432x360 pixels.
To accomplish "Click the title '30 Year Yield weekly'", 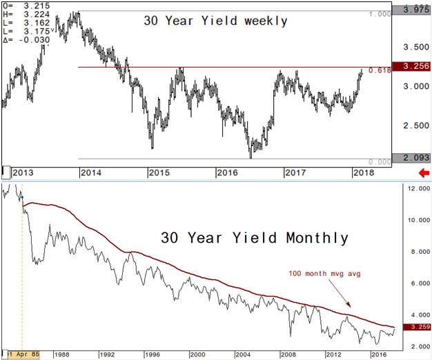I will pyautogui.click(x=215, y=21).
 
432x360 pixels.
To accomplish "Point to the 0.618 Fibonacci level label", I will pyautogui.click(x=379, y=70).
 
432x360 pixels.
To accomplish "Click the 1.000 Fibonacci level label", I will pyautogui.click(x=378, y=14).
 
